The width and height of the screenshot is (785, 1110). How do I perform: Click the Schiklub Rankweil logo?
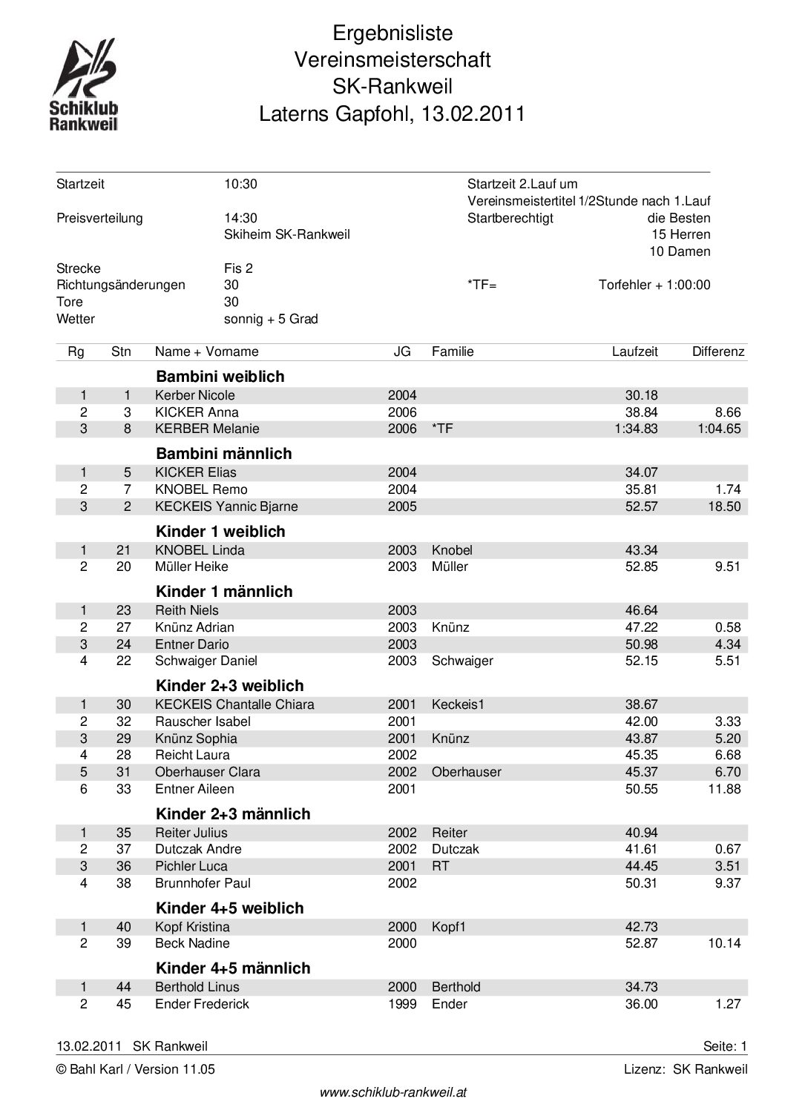click(83, 85)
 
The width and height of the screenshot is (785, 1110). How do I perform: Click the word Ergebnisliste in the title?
click(392, 33)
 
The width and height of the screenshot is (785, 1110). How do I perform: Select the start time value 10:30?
click(240, 184)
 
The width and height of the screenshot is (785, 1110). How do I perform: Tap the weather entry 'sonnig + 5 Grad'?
click(271, 319)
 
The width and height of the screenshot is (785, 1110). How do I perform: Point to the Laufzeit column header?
click(634, 351)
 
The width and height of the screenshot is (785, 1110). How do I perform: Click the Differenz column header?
click(717, 351)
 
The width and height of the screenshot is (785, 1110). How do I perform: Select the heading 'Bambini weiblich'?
click(220, 376)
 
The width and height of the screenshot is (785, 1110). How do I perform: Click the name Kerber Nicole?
click(194, 395)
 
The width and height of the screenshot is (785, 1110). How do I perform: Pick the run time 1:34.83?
click(636, 429)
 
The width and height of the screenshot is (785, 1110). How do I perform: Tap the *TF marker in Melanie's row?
click(441, 429)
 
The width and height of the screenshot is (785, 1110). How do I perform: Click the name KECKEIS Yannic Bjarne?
click(226, 506)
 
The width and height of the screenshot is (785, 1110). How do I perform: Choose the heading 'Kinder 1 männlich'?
click(224, 591)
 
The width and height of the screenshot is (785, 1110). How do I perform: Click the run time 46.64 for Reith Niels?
click(641, 610)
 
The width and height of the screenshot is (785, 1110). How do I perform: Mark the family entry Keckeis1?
click(458, 704)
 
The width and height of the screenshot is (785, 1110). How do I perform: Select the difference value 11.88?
click(724, 789)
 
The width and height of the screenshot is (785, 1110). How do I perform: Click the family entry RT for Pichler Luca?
click(440, 866)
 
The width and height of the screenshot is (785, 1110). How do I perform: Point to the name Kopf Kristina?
click(192, 927)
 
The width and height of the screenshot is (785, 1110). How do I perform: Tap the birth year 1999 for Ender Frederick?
click(402, 1004)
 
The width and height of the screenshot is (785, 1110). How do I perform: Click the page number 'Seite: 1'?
click(725, 1046)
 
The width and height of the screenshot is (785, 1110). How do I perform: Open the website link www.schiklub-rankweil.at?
click(392, 1092)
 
